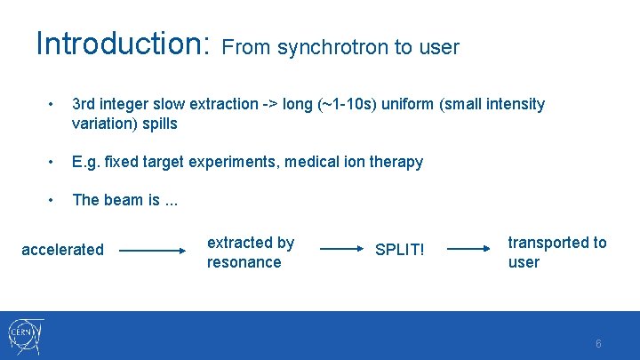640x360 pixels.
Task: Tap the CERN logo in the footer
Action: point(26,335)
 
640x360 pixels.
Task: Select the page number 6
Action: point(598,343)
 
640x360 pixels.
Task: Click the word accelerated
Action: point(62,250)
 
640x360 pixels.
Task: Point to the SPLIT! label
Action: point(400,251)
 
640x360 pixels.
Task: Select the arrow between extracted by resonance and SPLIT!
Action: point(341,251)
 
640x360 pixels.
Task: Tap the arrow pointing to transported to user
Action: point(469,251)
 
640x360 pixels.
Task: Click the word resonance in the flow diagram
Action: point(244,262)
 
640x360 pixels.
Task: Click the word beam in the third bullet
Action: point(124,200)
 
